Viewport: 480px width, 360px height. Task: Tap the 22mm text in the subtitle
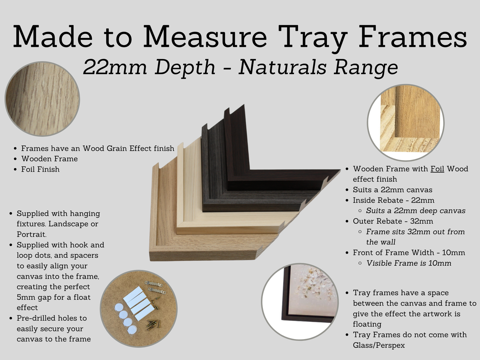115,67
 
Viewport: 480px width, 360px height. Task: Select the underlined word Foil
437,169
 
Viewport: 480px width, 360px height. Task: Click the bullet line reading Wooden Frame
49,159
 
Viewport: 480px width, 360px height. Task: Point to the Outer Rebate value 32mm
422,221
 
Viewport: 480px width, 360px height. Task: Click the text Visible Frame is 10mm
409,263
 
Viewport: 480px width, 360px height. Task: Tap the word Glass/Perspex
379,345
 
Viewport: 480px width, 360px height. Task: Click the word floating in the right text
367,324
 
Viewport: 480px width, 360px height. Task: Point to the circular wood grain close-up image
42,99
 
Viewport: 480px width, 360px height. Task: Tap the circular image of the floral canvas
300,302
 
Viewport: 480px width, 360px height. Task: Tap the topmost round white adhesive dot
119,307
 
